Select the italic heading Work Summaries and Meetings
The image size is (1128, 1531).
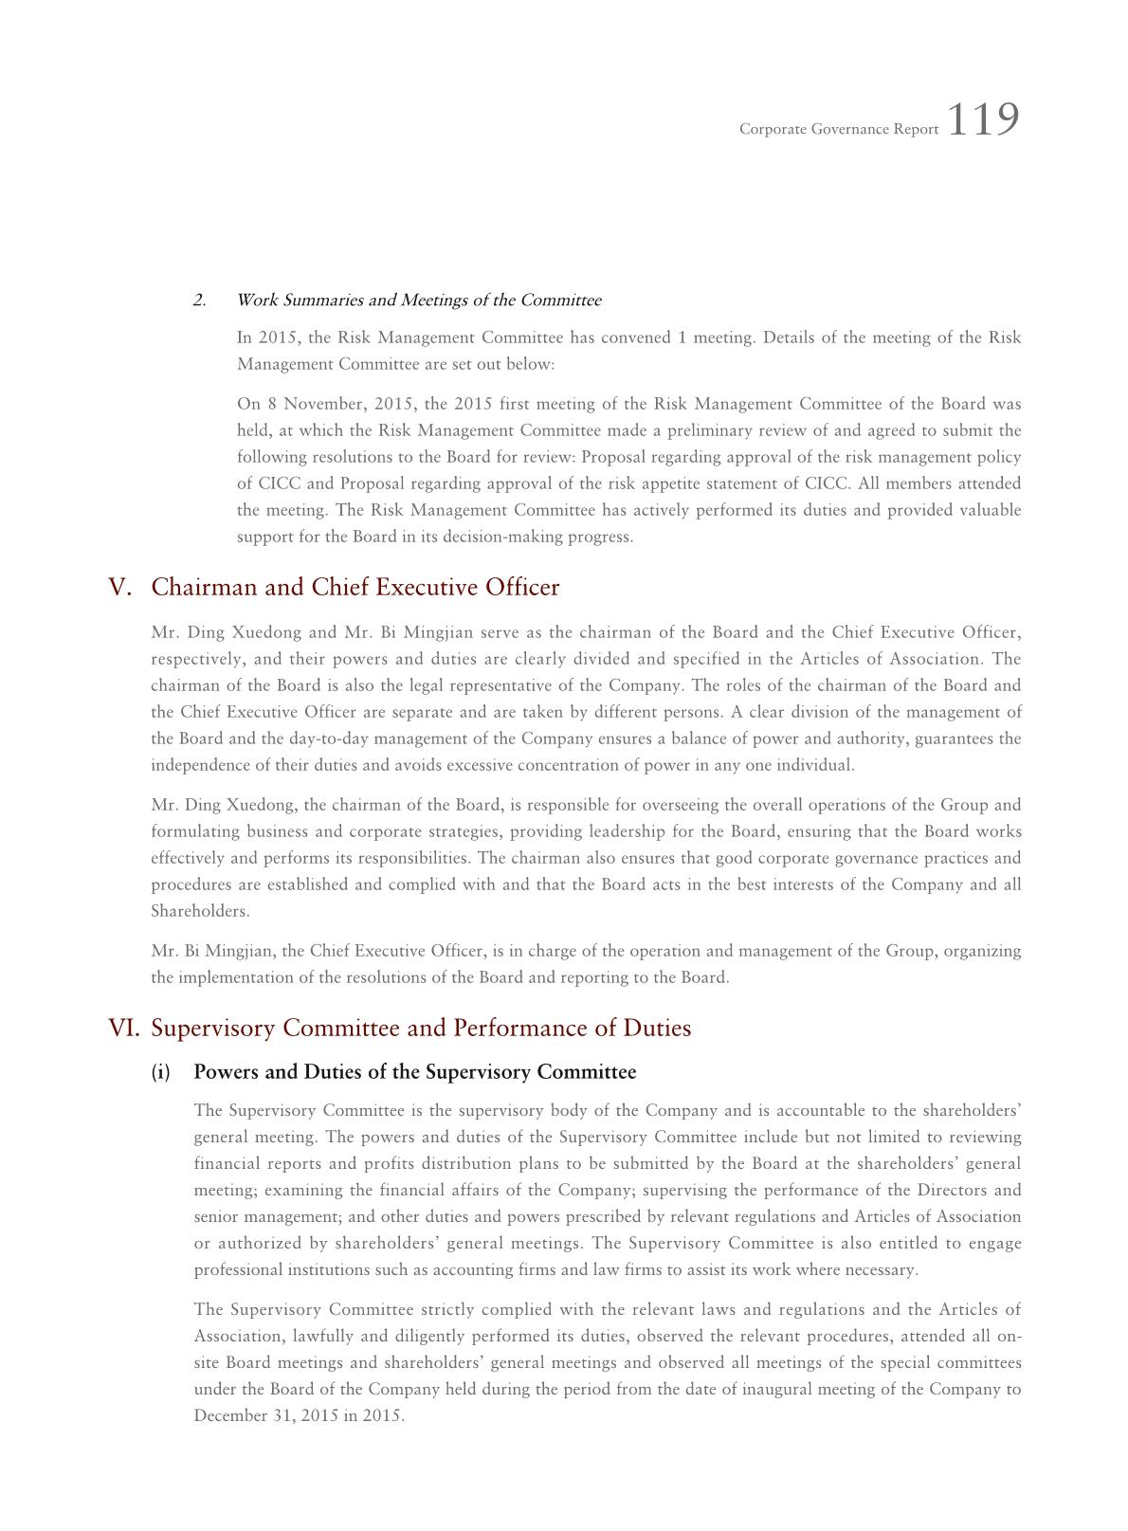pos(418,301)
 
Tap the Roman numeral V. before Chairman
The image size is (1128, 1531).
pos(120,588)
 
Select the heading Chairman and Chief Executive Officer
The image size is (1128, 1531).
pos(355,588)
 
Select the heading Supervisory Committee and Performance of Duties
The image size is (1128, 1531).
pos(421,1029)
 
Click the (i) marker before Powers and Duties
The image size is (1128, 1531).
pos(161,1072)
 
